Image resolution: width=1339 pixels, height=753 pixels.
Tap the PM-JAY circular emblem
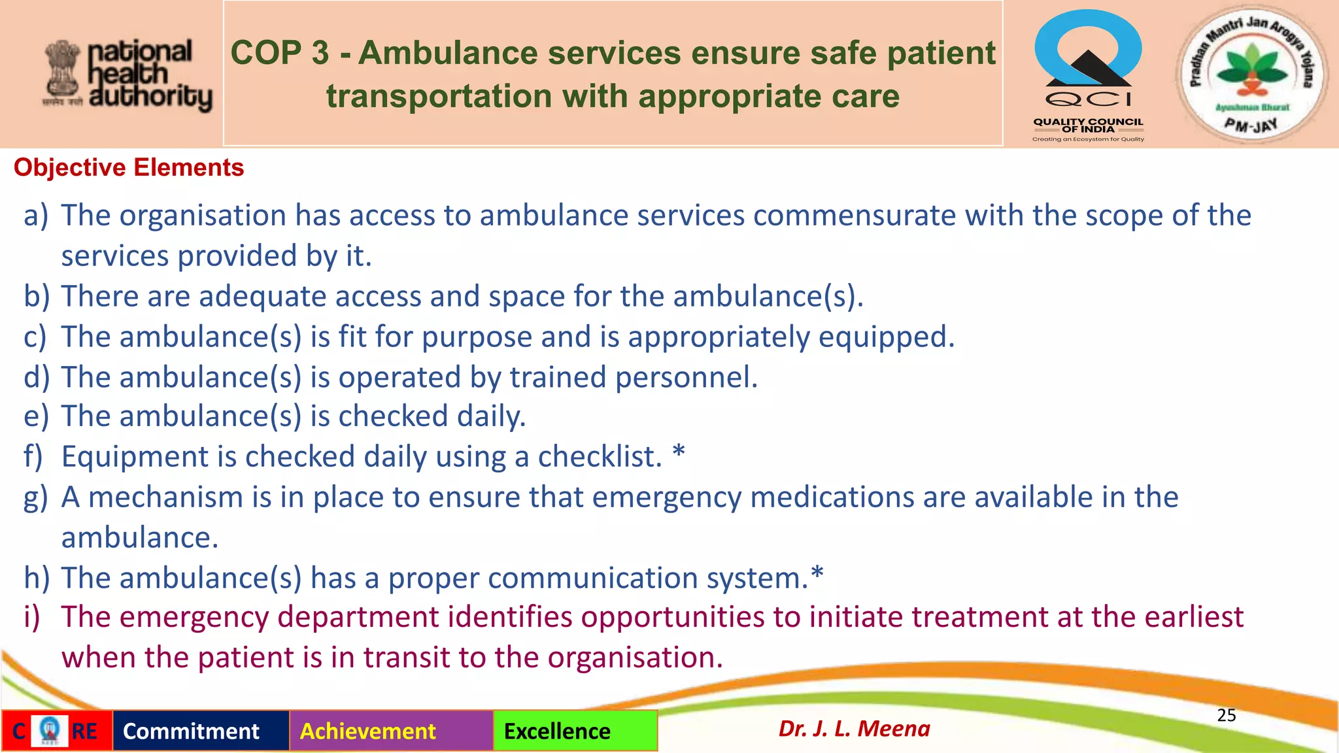(x=1251, y=75)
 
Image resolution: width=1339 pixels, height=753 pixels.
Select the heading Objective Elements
(x=129, y=168)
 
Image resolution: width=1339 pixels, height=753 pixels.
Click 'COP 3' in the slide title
(x=279, y=53)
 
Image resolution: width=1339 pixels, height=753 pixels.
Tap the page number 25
(x=1226, y=715)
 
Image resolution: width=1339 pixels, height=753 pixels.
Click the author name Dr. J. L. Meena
(x=854, y=729)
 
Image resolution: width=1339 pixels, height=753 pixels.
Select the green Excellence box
(x=575, y=731)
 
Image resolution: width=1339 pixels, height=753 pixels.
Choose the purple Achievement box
(x=391, y=731)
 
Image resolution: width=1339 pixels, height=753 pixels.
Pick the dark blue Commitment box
(x=201, y=731)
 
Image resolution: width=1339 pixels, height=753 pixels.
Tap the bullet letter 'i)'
(x=32, y=617)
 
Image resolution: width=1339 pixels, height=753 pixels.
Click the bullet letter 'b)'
(x=37, y=297)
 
